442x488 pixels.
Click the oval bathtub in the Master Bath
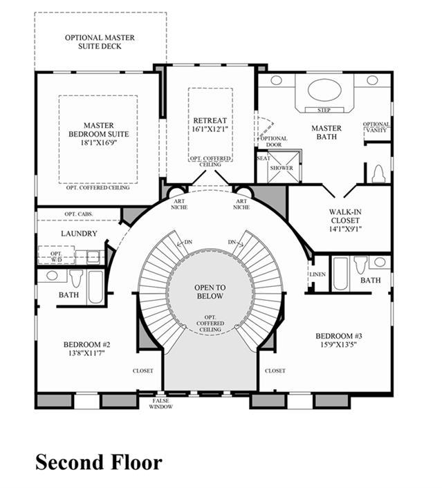[324, 91]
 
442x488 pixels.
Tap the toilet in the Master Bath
[378, 173]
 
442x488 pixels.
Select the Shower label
[282, 168]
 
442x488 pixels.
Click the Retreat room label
[210, 120]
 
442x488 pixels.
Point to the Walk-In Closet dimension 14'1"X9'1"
[345, 229]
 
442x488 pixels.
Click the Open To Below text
[210, 292]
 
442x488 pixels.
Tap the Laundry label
[79, 234]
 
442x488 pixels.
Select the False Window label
[160, 404]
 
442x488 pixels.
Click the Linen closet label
[317, 274]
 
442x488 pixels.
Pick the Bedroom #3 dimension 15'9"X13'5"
[338, 344]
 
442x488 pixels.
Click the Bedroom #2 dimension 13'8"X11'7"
[86, 353]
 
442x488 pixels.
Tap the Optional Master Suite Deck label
[100, 42]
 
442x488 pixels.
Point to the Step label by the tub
[324, 110]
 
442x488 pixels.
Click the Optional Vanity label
[376, 127]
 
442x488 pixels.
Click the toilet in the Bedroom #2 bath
[76, 279]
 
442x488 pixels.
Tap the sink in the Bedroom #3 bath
[379, 262]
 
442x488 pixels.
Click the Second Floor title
[99, 462]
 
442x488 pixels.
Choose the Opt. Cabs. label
[79, 214]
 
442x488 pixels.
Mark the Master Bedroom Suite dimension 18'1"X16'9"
[99, 143]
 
